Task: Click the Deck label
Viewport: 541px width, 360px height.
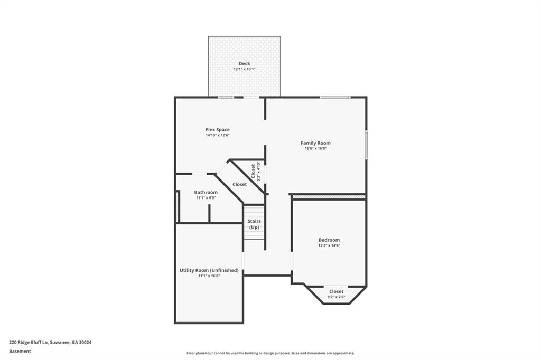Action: pos(244,63)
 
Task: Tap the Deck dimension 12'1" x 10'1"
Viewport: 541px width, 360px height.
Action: pos(244,69)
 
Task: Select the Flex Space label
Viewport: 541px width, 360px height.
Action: pos(217,129)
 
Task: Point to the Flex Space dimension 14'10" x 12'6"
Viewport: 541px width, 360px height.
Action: pos(217,135)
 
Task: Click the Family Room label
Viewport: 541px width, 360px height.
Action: pos(315,143)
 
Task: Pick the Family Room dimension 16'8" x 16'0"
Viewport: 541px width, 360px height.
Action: pos(315,148)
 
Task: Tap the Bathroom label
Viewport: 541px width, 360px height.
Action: pos(206,192)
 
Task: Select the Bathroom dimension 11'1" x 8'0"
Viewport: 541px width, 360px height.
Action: pos(206,198)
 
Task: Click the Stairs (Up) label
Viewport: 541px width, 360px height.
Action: pos(255,224)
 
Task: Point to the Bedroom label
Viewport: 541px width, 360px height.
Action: pos(329,240)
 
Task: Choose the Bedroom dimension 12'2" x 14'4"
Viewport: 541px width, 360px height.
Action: pos(329,245)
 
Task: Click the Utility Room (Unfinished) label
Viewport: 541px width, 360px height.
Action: pos(209,270)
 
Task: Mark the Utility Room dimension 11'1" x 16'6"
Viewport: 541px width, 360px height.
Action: pos(209,276)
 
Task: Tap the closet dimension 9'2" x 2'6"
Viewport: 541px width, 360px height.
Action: pos(336,297)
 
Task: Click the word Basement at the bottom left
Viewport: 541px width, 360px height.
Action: pos(20,351)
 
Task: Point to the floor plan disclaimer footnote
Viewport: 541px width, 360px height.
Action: pos(270,353)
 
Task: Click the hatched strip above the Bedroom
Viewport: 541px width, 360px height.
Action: pos(329,197)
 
